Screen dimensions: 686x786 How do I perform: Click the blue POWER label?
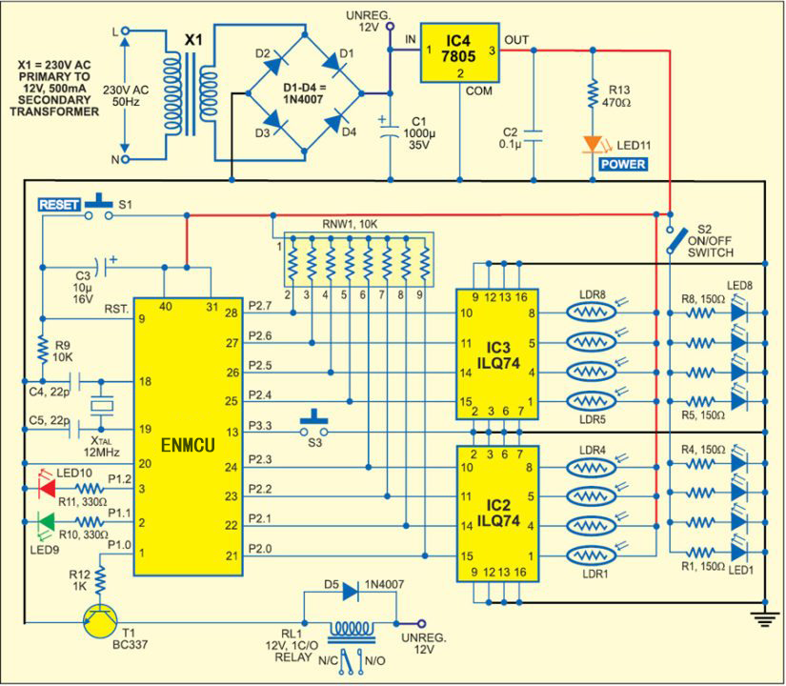[623, 164]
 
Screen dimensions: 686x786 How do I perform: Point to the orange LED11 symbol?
[592, 144]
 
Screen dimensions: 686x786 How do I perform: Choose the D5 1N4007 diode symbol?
[348, 592]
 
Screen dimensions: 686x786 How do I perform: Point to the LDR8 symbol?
[594, 312]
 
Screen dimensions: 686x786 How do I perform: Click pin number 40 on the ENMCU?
[166, 306]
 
